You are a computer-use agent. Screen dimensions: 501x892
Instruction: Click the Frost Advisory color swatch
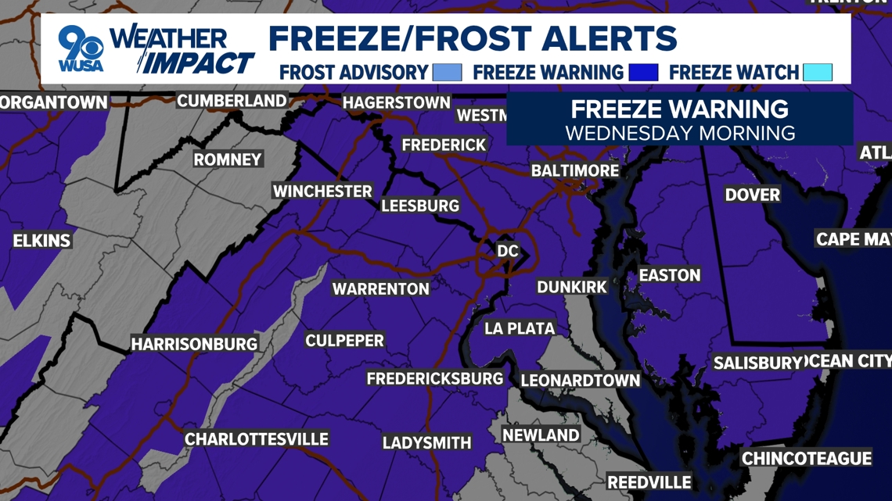[447, 73]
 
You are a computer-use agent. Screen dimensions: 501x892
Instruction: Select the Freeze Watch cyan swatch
[817, 73]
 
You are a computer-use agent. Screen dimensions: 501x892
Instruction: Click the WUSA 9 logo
[81, 48]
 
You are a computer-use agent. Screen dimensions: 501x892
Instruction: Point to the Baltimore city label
[574, 170]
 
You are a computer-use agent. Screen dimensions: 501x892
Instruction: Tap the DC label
[508, 251]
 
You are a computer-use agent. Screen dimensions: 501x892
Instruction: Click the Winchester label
[322, 191]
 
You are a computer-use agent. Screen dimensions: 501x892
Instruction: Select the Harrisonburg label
[194, 344]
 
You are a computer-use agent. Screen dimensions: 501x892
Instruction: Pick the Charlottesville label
[257, 439]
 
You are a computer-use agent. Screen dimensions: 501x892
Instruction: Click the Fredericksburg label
[435, 379]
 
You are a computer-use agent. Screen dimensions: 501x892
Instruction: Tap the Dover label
[752, 195]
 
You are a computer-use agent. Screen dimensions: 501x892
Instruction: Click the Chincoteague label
[806, 459]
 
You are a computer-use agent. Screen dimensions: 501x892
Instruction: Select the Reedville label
[649, 482]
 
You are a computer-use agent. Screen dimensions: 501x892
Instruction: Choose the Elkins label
[41, 241]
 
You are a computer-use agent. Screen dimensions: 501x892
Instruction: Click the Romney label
[228, 159]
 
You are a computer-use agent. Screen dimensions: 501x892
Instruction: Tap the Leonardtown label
[581, 381]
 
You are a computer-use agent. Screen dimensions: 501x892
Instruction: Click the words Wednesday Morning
[680, 132]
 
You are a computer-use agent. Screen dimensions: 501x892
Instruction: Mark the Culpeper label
[344, 341]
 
